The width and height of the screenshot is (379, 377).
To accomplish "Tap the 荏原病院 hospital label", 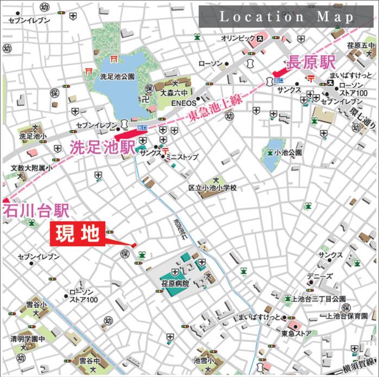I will [174, 283].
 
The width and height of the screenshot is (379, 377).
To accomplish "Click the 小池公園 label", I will [288, 153].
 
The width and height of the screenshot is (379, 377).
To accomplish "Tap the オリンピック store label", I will [238, 39].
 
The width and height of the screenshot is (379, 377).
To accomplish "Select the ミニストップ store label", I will [182, 157].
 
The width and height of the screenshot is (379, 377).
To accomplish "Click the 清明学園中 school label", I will [27, 338].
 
